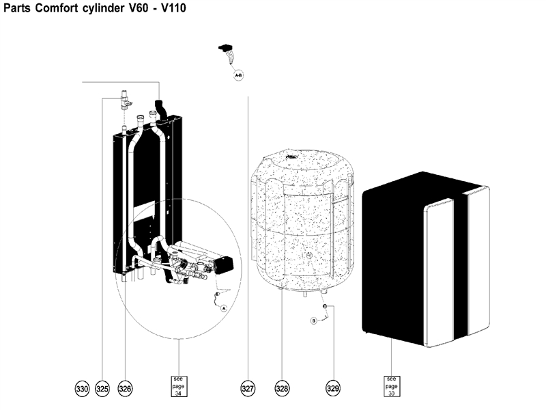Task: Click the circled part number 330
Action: [82, 388]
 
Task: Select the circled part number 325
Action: [102, 388]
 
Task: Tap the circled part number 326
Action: [125, 388]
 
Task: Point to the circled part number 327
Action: [248, 388]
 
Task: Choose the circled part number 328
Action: [282, 388]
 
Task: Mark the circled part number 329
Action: [332, 388]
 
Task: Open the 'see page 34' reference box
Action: [178, 386]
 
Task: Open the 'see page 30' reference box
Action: [391, 386]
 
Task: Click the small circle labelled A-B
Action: [239, 76]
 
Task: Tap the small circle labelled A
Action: [222, 308]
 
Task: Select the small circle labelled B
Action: [314, 320]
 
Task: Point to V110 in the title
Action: [171, 9]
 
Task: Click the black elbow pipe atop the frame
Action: [162, 108]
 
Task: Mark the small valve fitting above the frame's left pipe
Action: [124, 100]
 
